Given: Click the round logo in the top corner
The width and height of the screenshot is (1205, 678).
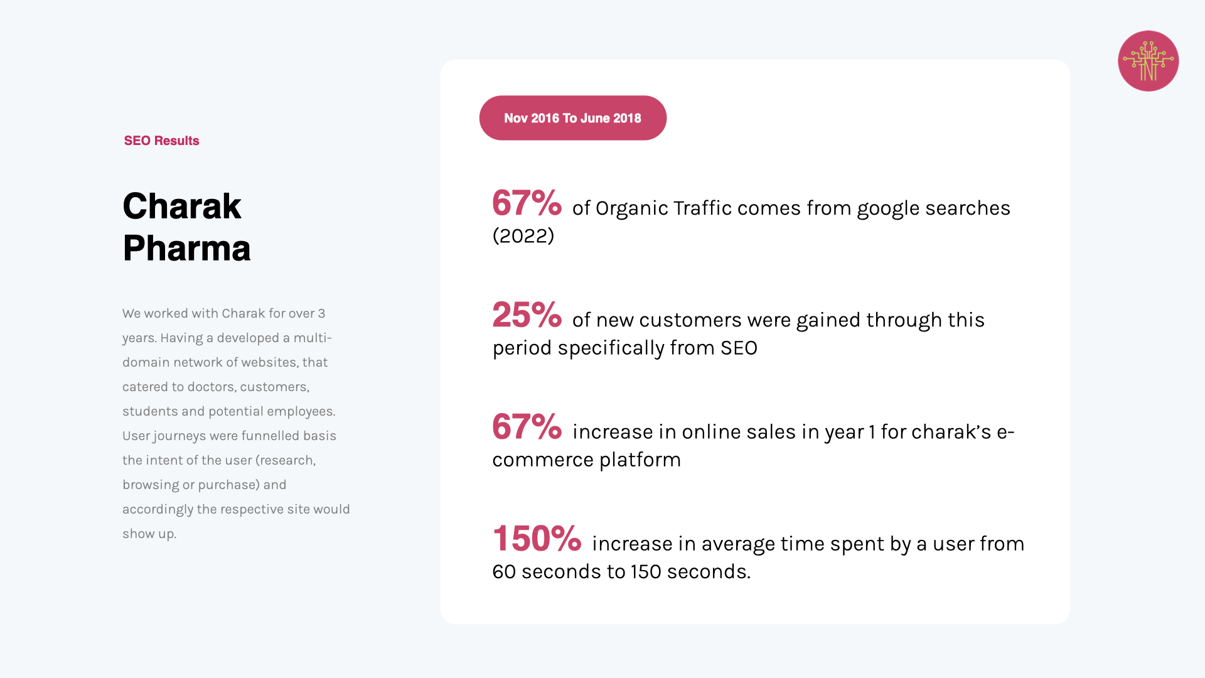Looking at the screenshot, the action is point(1148,61).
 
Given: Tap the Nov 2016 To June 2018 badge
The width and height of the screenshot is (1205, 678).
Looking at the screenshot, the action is point(572,118).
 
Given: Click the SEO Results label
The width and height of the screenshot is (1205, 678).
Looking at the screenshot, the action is point(161,141).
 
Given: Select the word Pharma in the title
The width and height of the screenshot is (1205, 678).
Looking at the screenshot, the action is point(186,248).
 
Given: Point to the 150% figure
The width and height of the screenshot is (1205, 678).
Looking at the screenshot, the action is point(537,539).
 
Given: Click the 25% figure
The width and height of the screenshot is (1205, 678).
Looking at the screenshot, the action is point(527,315).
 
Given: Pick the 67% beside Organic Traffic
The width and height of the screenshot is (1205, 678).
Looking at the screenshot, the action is point(527,203).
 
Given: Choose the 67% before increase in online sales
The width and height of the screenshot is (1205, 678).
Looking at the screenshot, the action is point(527,427).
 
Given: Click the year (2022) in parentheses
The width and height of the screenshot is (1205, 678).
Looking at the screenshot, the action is point(523,236).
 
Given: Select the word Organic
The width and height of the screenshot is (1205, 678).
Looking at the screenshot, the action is point(632,208).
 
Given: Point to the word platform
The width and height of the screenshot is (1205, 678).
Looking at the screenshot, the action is point(640,460).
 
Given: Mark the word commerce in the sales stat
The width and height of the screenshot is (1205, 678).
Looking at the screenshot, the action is point(543,460).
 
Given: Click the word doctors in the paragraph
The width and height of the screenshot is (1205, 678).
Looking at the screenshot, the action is point(212,387).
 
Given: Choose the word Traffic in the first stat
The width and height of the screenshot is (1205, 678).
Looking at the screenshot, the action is point(702,208).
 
